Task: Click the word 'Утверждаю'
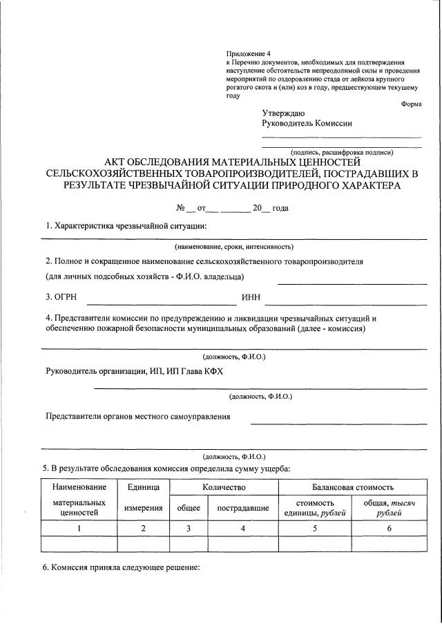pos(283,113)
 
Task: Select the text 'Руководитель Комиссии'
pos(307,124)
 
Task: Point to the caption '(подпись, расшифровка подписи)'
pos(342,152)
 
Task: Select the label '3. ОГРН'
pos(61,297)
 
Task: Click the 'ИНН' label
pos(251,297)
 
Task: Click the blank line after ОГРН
pos(161,303)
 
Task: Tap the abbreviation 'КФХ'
pos(211,371)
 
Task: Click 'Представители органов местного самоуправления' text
pos(138,416)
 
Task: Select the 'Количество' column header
pos(224,488)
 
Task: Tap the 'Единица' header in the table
pos(143,488)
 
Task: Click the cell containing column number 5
pos(314,529)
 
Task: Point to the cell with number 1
pos(79,529)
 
